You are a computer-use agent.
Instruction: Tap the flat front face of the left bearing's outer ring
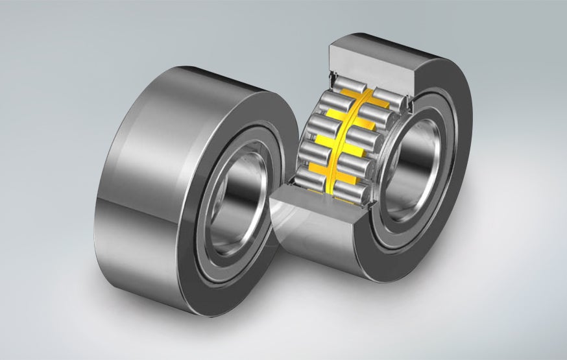click(195, 259)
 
